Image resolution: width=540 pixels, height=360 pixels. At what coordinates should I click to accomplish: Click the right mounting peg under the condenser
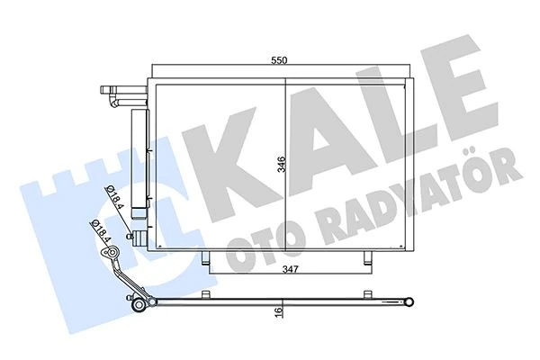(x=364, y=259)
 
